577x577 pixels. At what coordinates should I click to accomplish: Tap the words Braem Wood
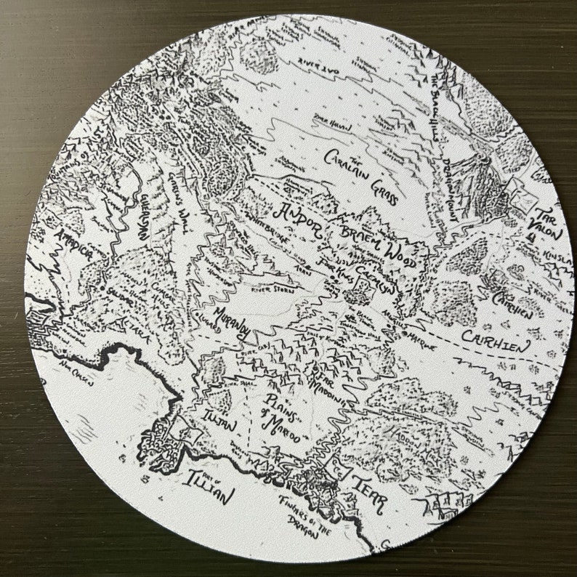click(x=376, y=243)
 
